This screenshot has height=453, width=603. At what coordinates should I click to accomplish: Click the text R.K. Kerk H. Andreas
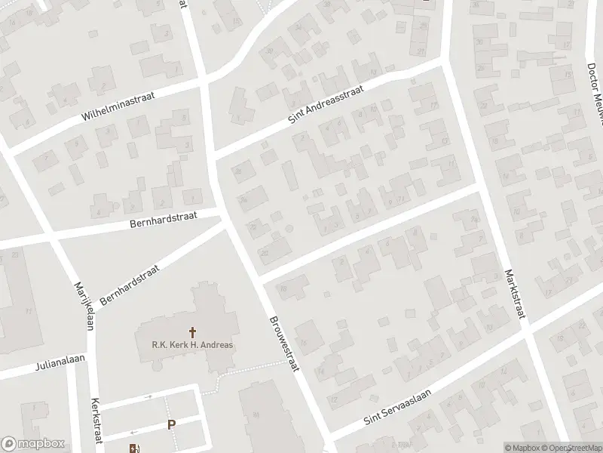[x=192, y=345]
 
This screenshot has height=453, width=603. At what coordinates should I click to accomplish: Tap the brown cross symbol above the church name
[x=192, y=331]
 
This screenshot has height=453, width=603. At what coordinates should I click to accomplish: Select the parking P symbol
[x=172, y=424]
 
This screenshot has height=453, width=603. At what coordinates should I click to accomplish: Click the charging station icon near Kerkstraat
[x=134, y=446]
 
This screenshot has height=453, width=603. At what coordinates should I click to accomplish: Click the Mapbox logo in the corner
[x=32, y=444]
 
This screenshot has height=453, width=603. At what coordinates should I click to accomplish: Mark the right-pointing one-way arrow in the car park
[x=148, y=396]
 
